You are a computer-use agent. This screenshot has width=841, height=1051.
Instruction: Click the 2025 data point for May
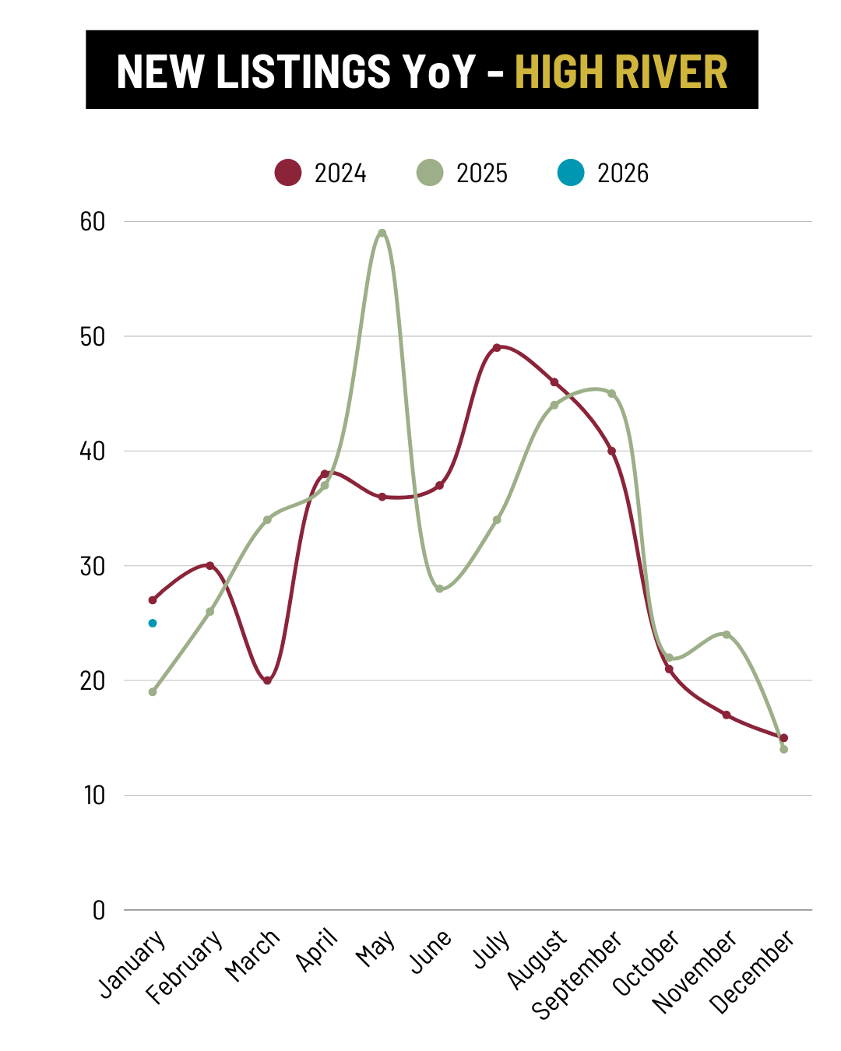pyautogui.click(x=382, y=233)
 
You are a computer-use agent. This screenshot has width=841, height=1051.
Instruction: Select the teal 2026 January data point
pyautogui.click(x=153, y=623)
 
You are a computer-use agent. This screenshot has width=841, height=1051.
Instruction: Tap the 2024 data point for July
pyautogui.click(x=497, y=347)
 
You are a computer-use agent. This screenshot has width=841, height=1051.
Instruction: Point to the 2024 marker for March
pyautogui.click(x=267, y=680)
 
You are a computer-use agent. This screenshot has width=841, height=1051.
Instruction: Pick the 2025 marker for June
pyautogui.click(x=439, y=589)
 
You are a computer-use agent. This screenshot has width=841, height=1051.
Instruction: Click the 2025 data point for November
pyautogui.click(x=727, y=634)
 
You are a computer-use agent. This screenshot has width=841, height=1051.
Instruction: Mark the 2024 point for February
pyautogui.click(x=209, y=565)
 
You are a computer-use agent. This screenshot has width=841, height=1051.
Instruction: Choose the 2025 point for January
pyautogui.click(x=153, y=691)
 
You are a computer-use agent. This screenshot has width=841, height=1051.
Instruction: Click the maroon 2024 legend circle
pyautogui.click(x=288, y=173)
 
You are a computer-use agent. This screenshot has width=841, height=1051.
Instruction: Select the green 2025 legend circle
pyautogui.click(x=430, y=173)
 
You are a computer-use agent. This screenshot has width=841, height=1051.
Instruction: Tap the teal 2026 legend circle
pyautogui.click(x=571, y=173)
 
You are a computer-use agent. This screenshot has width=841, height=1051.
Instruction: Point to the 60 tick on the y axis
pyautogui.click(x=93, y=222)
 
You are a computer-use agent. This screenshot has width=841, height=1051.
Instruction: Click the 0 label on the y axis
pyautogui.click(x=98, y=910)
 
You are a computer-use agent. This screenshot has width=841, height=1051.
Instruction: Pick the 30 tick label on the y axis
pyautogui.click(x=93, y=566)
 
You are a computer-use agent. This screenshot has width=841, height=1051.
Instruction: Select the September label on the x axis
pyautogui.click(x=577, y=974)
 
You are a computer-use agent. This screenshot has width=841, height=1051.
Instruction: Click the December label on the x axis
pyautogui.click(x=753, y=972)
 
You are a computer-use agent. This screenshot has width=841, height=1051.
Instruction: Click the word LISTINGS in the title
pyautogui.click(x=303, y=72)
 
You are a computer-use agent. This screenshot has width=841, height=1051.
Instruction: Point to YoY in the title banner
pyautogui.click(x=439, y=72)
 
